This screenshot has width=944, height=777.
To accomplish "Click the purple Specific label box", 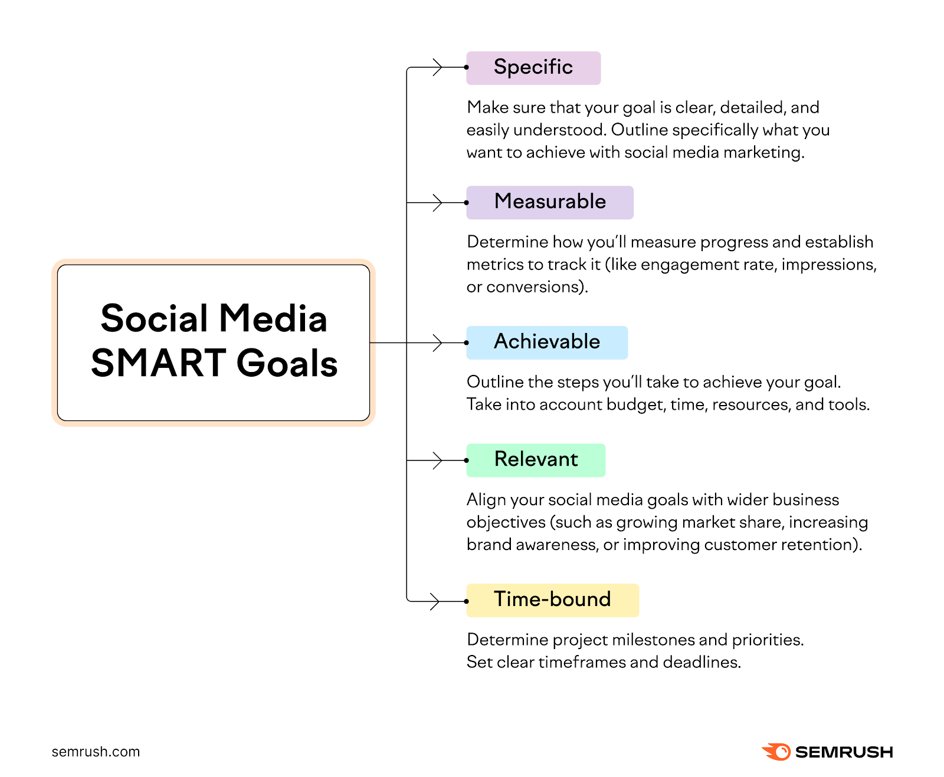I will (x=533, y=68).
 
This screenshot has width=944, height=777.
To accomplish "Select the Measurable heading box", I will (x=549, y=202).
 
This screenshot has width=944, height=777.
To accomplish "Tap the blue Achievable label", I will (x=546, y=343).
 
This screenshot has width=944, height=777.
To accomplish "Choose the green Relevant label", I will (x=535, y=460).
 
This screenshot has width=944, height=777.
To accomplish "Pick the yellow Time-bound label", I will (x=552, y=600).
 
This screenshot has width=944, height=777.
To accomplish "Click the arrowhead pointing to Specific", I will (x=437, y=67).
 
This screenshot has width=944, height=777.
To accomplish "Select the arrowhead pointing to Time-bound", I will (x=435, y=601).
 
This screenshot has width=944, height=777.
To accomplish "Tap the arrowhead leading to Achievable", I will (x=437, y=343).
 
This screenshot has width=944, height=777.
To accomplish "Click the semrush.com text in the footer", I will (x=96, y=752).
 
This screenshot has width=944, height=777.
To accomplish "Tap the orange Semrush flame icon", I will (x=776, y=752).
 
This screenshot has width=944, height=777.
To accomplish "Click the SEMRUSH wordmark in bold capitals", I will (x=844, y=752).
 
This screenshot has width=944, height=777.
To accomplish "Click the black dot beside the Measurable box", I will (x=467, y=203).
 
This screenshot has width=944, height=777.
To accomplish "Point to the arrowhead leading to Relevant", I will (x=437, y=460).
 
